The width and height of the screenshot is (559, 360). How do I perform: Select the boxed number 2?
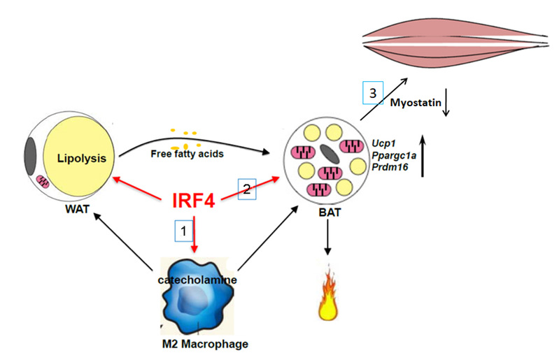(x=246, y=187)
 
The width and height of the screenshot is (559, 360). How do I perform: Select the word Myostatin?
(x=411, y=103)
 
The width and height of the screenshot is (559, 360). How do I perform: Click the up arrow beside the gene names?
(x=425, y=156)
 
